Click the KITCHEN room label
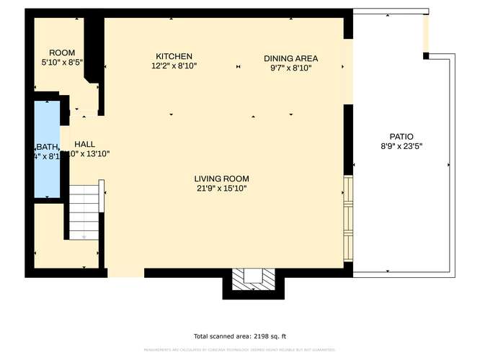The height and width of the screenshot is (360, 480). [x=174, y=56]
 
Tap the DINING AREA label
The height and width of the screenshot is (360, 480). [x=290, y=58]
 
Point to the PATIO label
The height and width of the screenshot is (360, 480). [x=401, y=136]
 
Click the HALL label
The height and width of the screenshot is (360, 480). [x=84, y=143]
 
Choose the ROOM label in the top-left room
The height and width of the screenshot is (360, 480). [x=62, y=53]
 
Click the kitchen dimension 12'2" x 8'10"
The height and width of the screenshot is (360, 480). [x=174, y=66]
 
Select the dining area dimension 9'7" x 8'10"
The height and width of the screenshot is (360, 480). [x=290, y=68]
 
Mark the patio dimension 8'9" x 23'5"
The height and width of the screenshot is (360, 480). [x=401, y=145]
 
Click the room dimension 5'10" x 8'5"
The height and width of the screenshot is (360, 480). [x=62, y=62]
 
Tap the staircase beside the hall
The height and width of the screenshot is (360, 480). [x=85, y=212]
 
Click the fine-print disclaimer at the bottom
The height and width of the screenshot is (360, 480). [x=239, y=350]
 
